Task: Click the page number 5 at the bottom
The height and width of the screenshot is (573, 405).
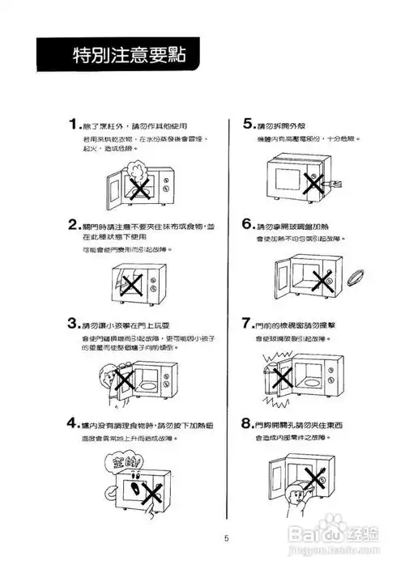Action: [228, 537]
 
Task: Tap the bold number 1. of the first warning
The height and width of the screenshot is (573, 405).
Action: [74, 125]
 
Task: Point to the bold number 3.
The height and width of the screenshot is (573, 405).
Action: [74, 324]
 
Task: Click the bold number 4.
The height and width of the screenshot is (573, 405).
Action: [74, 423]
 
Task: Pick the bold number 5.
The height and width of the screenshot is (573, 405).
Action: [249, 125]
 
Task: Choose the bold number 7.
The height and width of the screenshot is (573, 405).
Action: [249, 323]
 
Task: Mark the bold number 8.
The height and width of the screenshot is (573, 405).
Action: [249, 422]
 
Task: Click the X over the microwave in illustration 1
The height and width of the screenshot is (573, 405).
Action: [139, 189]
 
